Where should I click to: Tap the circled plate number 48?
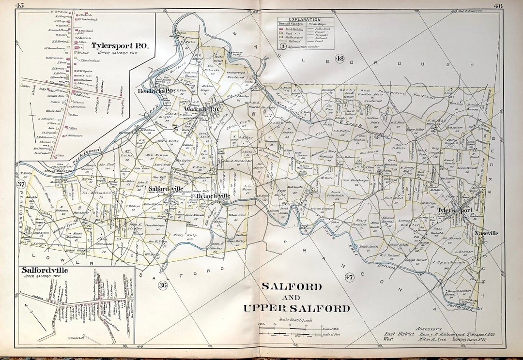[339, 59]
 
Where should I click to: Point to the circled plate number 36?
[163, 285]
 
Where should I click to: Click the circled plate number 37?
[21, 185]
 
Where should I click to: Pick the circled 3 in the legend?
[282, 47]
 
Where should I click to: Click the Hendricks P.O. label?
[155, 90]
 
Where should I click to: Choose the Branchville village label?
[213, 196]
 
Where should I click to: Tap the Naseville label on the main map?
[486, 233]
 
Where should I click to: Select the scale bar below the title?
[289, 332]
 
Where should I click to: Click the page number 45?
[20, 5]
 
